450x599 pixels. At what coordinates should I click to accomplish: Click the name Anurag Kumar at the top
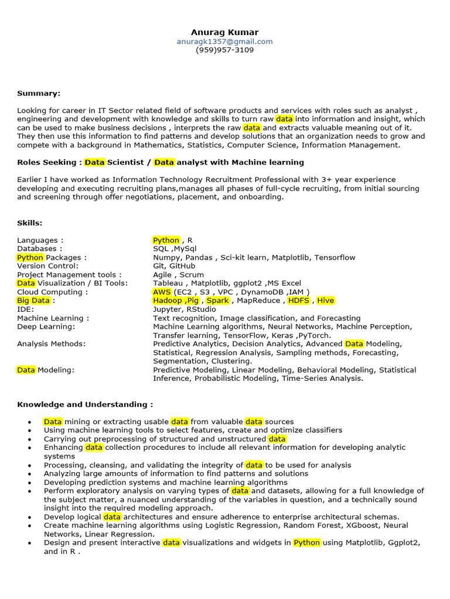click(x=224, y=32)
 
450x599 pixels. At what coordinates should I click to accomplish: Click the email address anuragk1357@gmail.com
click(x=224, y=42)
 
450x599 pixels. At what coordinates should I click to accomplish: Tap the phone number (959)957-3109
click(x=224, y=50)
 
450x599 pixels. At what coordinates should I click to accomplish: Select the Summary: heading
click(x=39, y=94)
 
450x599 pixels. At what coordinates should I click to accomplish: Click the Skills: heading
click(x=30, y=223)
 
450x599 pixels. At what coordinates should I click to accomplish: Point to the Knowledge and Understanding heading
click(x=85, y=404)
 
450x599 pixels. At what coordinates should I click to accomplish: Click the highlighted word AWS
click(x=162, y=292)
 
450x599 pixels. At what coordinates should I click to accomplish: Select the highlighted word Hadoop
click(x=168, y=301)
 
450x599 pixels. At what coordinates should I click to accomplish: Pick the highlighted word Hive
click(x=325, y=301)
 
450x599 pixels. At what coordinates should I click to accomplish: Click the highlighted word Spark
click(x=217, y=301)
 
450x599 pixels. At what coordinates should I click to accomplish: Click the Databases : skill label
click(x=40, y=249)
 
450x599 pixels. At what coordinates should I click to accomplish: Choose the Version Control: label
click(x=47, y=266)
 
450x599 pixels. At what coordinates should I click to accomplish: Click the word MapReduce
click(x=258, y=301)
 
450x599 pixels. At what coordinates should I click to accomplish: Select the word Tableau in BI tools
click(x=168, y=283)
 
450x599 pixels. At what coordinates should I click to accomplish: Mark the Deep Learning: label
click(x=46, y=326)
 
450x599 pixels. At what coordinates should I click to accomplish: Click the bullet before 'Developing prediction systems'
click(x=29, y=483)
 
